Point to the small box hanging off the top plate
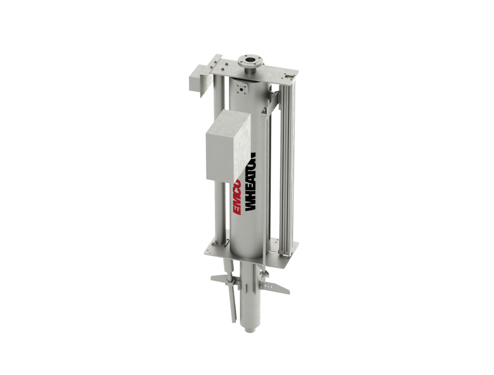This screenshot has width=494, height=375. (198, 80)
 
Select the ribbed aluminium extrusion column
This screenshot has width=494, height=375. (288, 169)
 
